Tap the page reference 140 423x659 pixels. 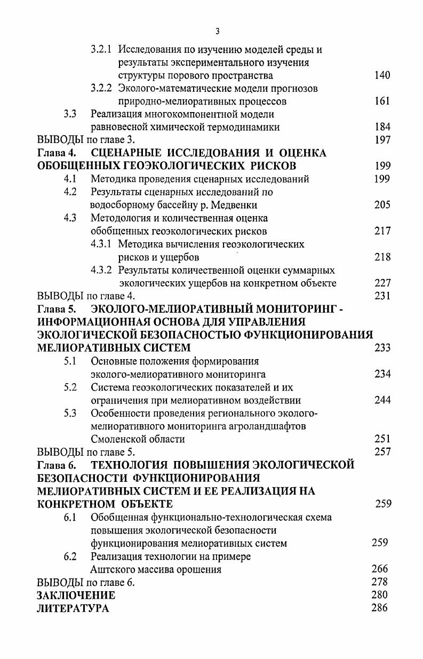[x=382, y=75]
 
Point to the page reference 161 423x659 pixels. [x=382, y=101]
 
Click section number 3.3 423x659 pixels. [x=70, y=114]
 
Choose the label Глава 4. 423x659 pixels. [x=56, y=153]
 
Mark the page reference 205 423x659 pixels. [x=382, y=205]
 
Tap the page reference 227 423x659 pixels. [x=382, y=283]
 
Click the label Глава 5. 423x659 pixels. [x=56, y=309]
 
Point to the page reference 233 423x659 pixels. [x=382, y=348]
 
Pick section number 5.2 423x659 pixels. [x=70, y=387]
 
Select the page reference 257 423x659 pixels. [x=382, y=452]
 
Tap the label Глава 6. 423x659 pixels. [x=56, y=465]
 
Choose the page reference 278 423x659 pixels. [x=379, y=582]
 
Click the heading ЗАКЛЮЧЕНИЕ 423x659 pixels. [x=76, y=595]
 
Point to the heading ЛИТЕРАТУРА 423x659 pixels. [x=73, y=608]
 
